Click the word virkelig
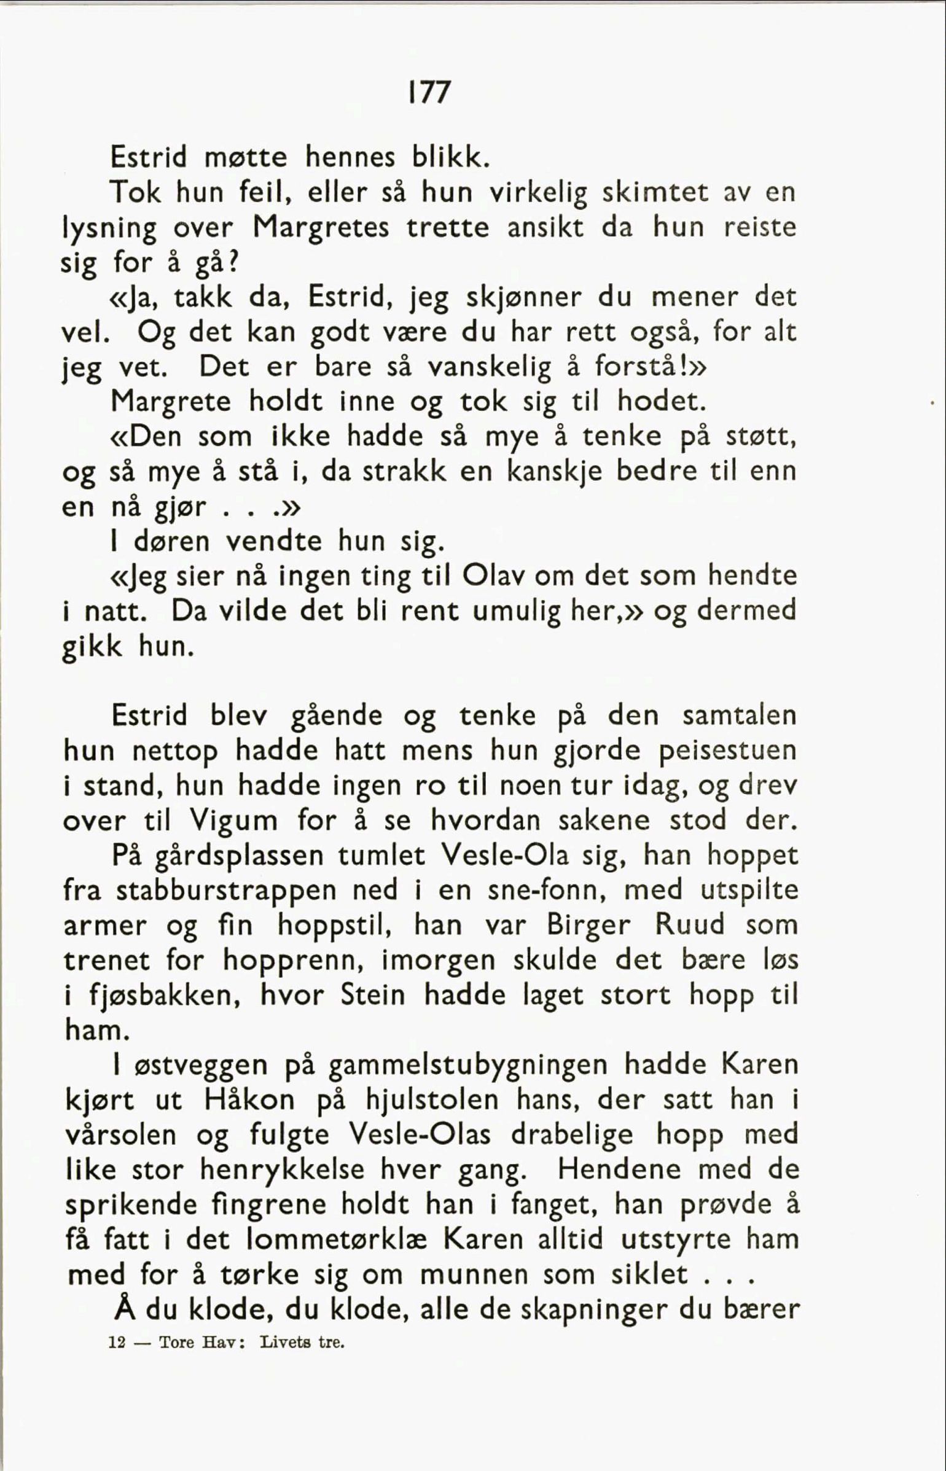[x=537, y=193]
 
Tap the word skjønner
[x=523, y=299]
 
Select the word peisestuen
[x=727, y=751]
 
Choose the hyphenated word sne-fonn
[x=543, y=890]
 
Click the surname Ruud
[x=690, y=925]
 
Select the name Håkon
[x=249, y=1100]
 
